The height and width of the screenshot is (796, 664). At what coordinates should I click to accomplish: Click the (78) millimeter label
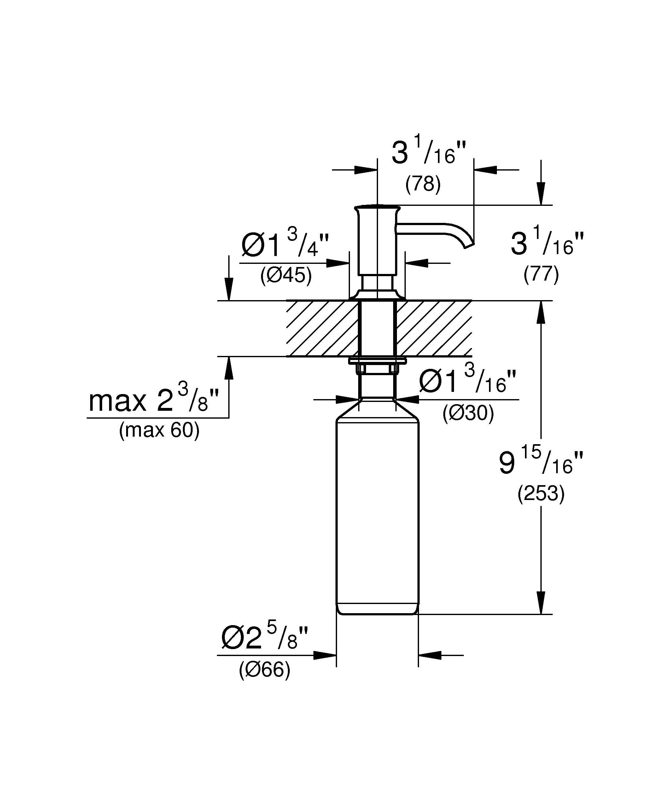click(423, 185)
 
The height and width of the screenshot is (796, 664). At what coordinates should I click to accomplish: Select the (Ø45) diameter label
click(286, 276)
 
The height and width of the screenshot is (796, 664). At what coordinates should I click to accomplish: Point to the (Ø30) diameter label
click(468, 414)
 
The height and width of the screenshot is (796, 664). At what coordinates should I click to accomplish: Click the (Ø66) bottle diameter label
click(265, 670)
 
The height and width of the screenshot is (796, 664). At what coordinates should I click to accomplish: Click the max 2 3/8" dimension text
click(154, 400)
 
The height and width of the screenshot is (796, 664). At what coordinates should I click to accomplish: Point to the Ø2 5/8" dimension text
click(265, 639)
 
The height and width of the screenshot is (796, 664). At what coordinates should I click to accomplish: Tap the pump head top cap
click(377, 208)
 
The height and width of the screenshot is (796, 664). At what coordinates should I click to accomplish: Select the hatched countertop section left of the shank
click(322, 328)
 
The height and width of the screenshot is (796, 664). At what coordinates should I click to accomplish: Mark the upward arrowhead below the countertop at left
click(229, 369)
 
